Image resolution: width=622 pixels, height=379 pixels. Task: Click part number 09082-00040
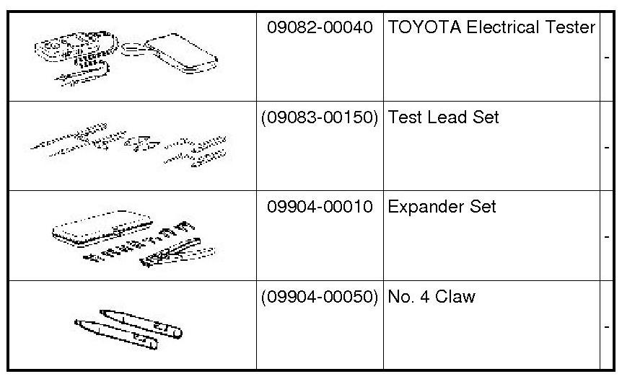320,28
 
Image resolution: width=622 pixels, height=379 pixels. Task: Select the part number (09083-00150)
320,117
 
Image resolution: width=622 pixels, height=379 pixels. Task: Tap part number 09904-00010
320,208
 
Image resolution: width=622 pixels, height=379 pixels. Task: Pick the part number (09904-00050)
320,297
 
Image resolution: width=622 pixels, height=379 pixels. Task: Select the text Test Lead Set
443,117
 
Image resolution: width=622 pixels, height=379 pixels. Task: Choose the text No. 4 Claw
432,297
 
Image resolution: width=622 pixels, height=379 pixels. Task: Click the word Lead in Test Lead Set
442,117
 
